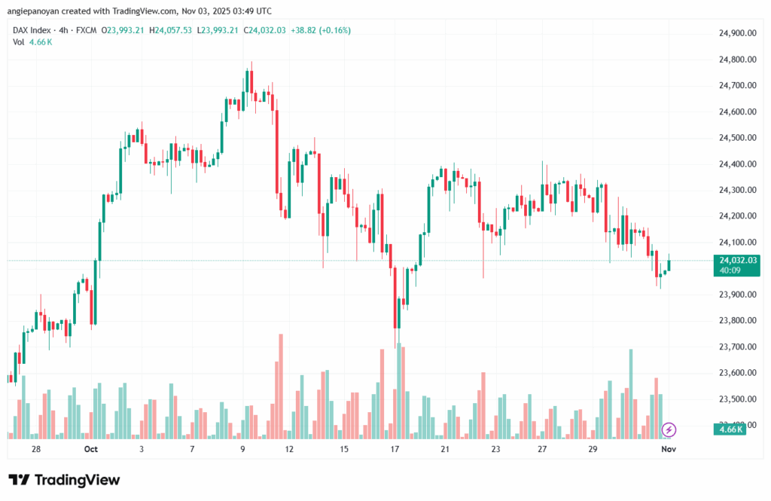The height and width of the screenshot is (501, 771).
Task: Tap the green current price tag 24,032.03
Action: (x=737, y=260)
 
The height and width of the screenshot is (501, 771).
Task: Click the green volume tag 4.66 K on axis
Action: (x=729, y=429)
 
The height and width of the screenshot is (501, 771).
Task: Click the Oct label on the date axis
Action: (x=91, y=449)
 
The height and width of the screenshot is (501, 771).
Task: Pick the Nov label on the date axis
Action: (x=669, y=449)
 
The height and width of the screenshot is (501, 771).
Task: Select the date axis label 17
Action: (x=395, y=449)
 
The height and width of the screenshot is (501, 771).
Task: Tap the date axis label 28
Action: (x=35, y=449)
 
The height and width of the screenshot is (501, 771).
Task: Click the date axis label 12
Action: (x=288, y=449)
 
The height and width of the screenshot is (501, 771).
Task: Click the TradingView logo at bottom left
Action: (x=64, y=480)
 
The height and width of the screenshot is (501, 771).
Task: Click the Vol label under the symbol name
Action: (x=18, y=41)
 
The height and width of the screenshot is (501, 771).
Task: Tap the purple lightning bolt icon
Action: (x=669, y=429)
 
